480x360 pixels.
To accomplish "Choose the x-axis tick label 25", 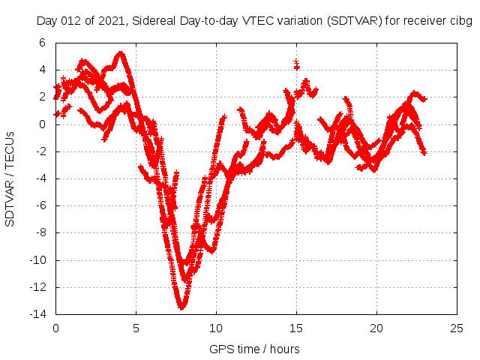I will coord(457,328).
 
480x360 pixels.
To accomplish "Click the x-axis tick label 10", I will coord(216,328).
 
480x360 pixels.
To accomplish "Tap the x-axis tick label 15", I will coord(296,328).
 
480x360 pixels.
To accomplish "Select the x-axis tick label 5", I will coord(136,328).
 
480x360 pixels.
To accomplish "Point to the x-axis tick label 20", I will coord(376,328).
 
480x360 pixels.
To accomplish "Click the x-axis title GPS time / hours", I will coord(254,349).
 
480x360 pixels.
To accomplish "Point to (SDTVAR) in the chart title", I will coord(353,21).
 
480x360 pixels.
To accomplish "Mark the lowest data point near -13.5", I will coord(182,307).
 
